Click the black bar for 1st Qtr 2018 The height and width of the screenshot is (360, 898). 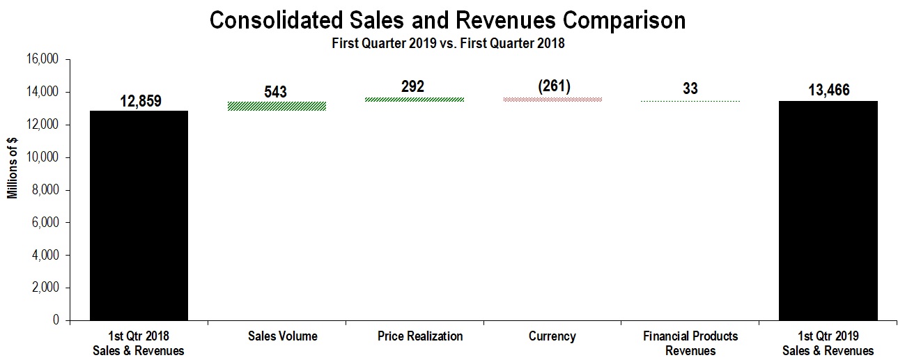pos(139,216)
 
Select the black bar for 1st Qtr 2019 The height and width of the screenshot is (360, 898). pos(828,211)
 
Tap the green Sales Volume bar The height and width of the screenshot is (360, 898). pos(277,106)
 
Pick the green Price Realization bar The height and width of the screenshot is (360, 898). pos(415,100)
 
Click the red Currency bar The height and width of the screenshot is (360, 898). pos(552,100)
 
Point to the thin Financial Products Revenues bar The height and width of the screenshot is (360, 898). pos(690,102)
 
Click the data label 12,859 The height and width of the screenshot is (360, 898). pos(140,101)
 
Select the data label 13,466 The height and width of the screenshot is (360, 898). pos(828,91)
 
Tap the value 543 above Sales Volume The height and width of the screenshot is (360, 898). pos(276,92)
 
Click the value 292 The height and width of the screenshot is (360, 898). pos(412,87)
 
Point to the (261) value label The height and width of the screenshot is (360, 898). pos(552,86)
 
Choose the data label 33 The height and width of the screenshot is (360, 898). pos(690,89)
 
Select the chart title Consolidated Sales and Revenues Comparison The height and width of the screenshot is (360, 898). pos(447,21)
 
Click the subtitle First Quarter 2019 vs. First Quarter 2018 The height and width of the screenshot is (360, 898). pos(447,43)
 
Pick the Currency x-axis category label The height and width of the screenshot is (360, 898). pos(552,336)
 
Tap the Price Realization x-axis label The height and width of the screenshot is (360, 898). pos(419,336)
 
